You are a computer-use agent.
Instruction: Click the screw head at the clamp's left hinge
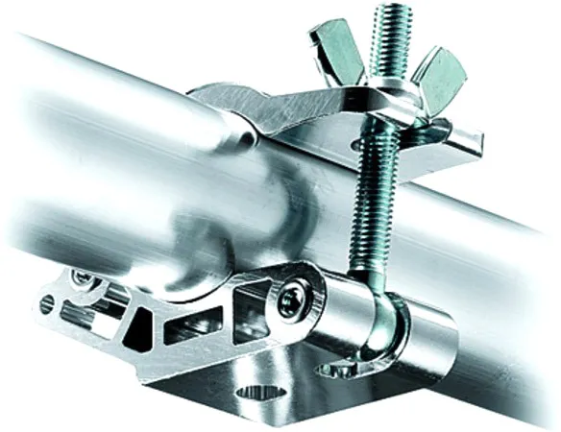87,280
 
